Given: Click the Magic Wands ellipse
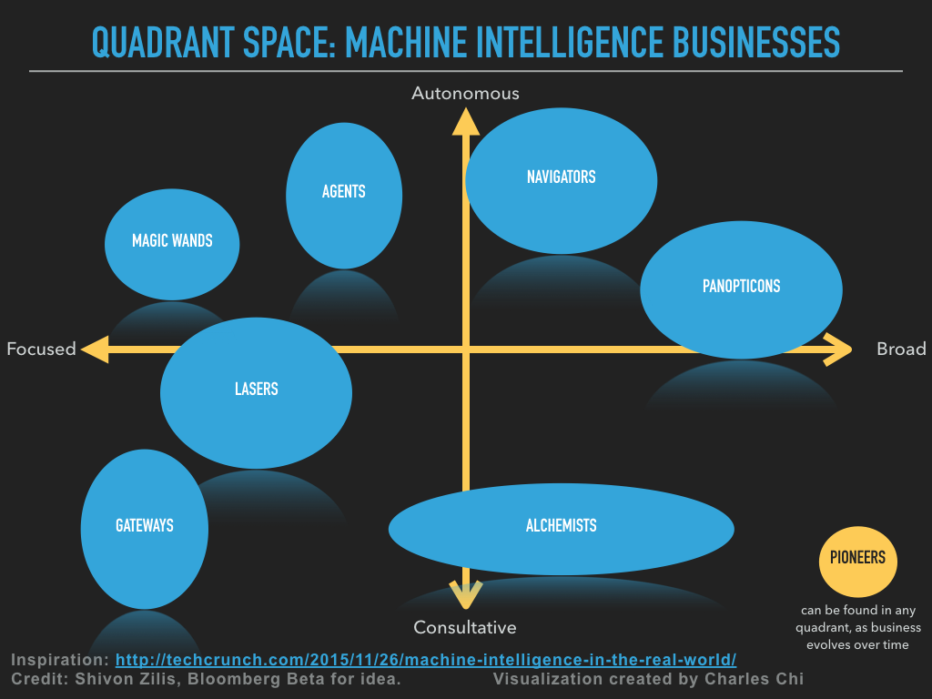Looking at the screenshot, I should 172,243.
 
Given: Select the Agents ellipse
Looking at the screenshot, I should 344,195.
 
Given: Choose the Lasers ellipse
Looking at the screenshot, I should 256,392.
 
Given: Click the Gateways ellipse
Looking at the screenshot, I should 145,528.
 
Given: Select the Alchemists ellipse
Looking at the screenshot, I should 561,528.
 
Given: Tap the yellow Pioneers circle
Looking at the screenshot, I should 857,559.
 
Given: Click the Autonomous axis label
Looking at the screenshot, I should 465,93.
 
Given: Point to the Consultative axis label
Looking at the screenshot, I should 464,627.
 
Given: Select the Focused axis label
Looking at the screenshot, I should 41,349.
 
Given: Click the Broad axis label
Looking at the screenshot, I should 901,349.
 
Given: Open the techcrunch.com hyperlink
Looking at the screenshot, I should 425,660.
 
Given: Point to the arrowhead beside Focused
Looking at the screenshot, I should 94,349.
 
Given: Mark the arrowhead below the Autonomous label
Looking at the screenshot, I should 465,122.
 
